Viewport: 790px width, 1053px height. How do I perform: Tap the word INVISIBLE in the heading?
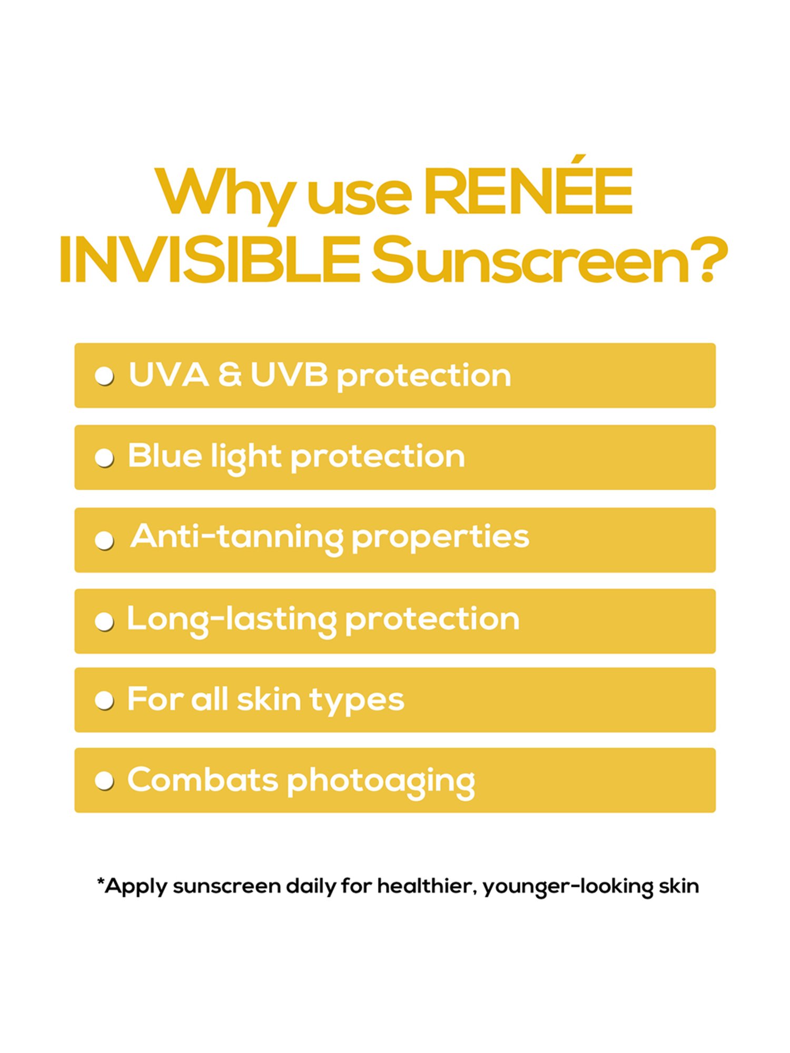210,260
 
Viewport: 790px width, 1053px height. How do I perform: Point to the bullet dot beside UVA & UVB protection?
104,376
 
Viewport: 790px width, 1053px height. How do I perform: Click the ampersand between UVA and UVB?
230,375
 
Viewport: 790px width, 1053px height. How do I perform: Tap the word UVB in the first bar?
289,375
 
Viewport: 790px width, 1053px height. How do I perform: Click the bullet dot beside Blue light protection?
104,458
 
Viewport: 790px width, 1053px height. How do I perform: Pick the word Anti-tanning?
236,537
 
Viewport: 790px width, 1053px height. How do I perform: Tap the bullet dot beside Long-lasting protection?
104,622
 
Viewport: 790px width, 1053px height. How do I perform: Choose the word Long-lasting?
231,620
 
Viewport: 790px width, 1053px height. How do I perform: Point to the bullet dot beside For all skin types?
104,701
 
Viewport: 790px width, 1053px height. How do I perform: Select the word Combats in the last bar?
202,780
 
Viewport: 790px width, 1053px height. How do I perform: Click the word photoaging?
381,782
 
